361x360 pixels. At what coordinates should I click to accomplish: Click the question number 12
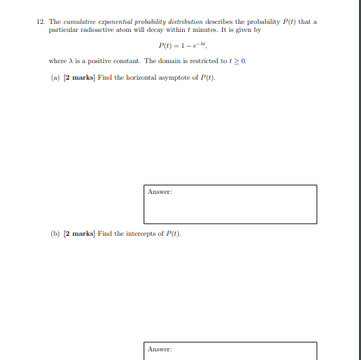41,22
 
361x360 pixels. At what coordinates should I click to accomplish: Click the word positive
100,61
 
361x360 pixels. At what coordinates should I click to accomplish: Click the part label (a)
55,78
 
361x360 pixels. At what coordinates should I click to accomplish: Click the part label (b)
55,234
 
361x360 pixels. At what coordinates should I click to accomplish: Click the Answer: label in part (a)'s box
160,192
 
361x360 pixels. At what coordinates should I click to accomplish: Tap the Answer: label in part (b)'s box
160,349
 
